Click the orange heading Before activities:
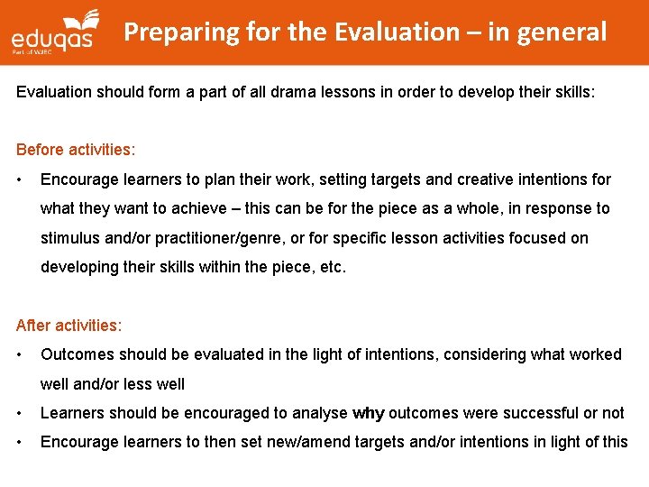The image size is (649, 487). (x=76, y=150)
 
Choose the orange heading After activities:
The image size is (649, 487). (x=69, y=325)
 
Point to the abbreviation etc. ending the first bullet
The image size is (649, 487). (x=330, y=268)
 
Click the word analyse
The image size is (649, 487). (x=322, y=413)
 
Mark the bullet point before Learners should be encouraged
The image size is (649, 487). (x=20, y=413)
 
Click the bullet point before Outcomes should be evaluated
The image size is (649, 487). (x=20, y=354)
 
